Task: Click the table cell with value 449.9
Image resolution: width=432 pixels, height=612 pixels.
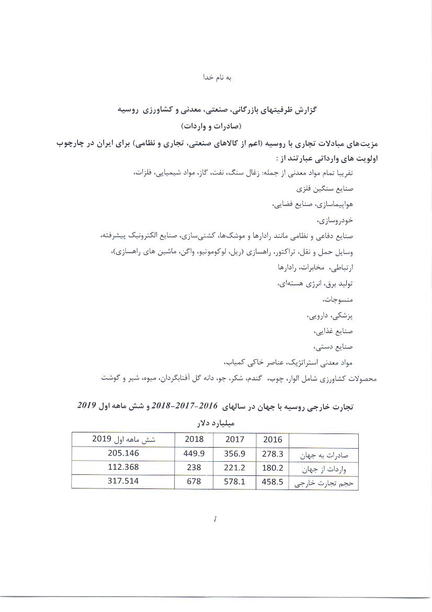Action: click(194, 453)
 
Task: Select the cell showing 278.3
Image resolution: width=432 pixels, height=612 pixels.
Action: click(272, 454)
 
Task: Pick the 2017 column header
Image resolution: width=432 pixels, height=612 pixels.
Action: click(235, 439)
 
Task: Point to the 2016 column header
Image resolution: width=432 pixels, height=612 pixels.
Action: click(272, 440)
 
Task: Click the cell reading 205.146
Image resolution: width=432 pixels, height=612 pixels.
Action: click(116, 453)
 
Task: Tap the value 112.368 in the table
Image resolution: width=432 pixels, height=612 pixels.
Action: click(116, 468)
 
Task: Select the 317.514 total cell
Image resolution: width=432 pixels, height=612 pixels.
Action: click(116, 481)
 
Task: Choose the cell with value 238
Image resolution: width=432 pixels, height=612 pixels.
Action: click(194, 468)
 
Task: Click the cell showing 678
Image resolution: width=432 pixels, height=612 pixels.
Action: click(194, 481)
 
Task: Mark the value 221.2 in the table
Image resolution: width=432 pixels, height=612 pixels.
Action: click(235, 468)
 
